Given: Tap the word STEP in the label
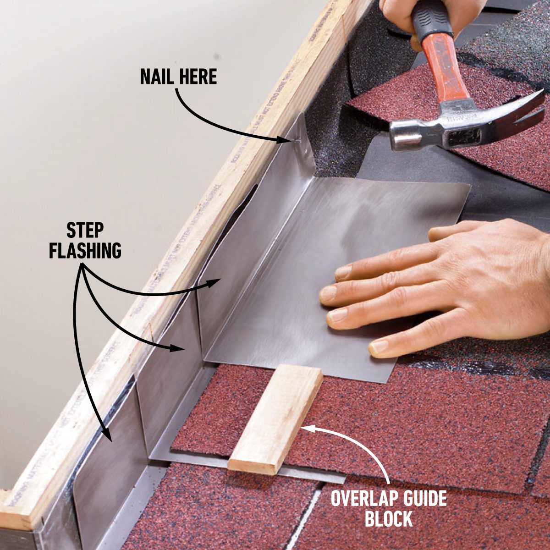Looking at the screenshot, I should click(85, 230).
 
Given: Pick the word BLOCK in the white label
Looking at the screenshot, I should click(389, 519).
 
